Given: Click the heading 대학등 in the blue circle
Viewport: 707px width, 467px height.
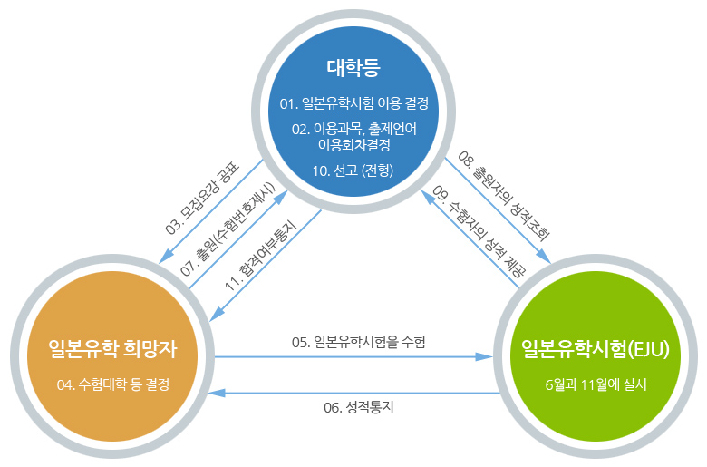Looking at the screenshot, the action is pyautogui.click(x=353, y=68).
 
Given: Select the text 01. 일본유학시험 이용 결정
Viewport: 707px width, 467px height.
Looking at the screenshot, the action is pyautogui.click(x=353, y=103).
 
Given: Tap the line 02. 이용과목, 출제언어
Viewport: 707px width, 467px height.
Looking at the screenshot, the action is pyautogui.click(x=353, y=130).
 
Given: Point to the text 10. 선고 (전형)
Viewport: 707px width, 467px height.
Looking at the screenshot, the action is pyautogui.click(x=353, y=170).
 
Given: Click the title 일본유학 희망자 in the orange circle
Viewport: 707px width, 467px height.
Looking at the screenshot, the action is pyautogui.click(x=112, y=349).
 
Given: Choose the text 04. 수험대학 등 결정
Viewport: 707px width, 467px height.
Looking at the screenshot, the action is pyautogui.click(x=113, y=384).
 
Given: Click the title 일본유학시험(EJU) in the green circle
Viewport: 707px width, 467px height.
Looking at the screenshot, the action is pyautogui.click(x=596, y=349).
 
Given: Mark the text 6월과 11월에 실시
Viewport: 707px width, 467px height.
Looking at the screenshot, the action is pyautogui.click(x=596, y=384).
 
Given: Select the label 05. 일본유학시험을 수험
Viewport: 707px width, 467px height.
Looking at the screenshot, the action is pyautogui.click(x=358, y=342).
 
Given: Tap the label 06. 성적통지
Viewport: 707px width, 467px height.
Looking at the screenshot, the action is pyautogui.click(x=359, y=407).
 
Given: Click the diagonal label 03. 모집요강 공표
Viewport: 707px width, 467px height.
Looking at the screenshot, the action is pyautogui.click(x=202, y=198).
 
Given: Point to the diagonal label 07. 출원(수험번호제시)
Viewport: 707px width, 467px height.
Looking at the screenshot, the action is pyautogui.click(x=228, y=229).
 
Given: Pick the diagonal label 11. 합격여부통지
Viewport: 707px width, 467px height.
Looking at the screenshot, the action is pyautogui.click(x=261, y=255).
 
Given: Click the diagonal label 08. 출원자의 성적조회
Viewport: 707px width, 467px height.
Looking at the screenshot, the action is pyautogui.click(x=504, y=196).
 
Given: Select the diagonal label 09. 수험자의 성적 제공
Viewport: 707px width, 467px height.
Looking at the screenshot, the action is pyautogui.click(x=479, y=231).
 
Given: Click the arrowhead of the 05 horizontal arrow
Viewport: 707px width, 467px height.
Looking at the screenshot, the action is pyautogui.click(x=485, y=357).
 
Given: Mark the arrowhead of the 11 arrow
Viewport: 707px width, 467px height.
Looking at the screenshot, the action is pyautogui.click(x=216, y=315).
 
